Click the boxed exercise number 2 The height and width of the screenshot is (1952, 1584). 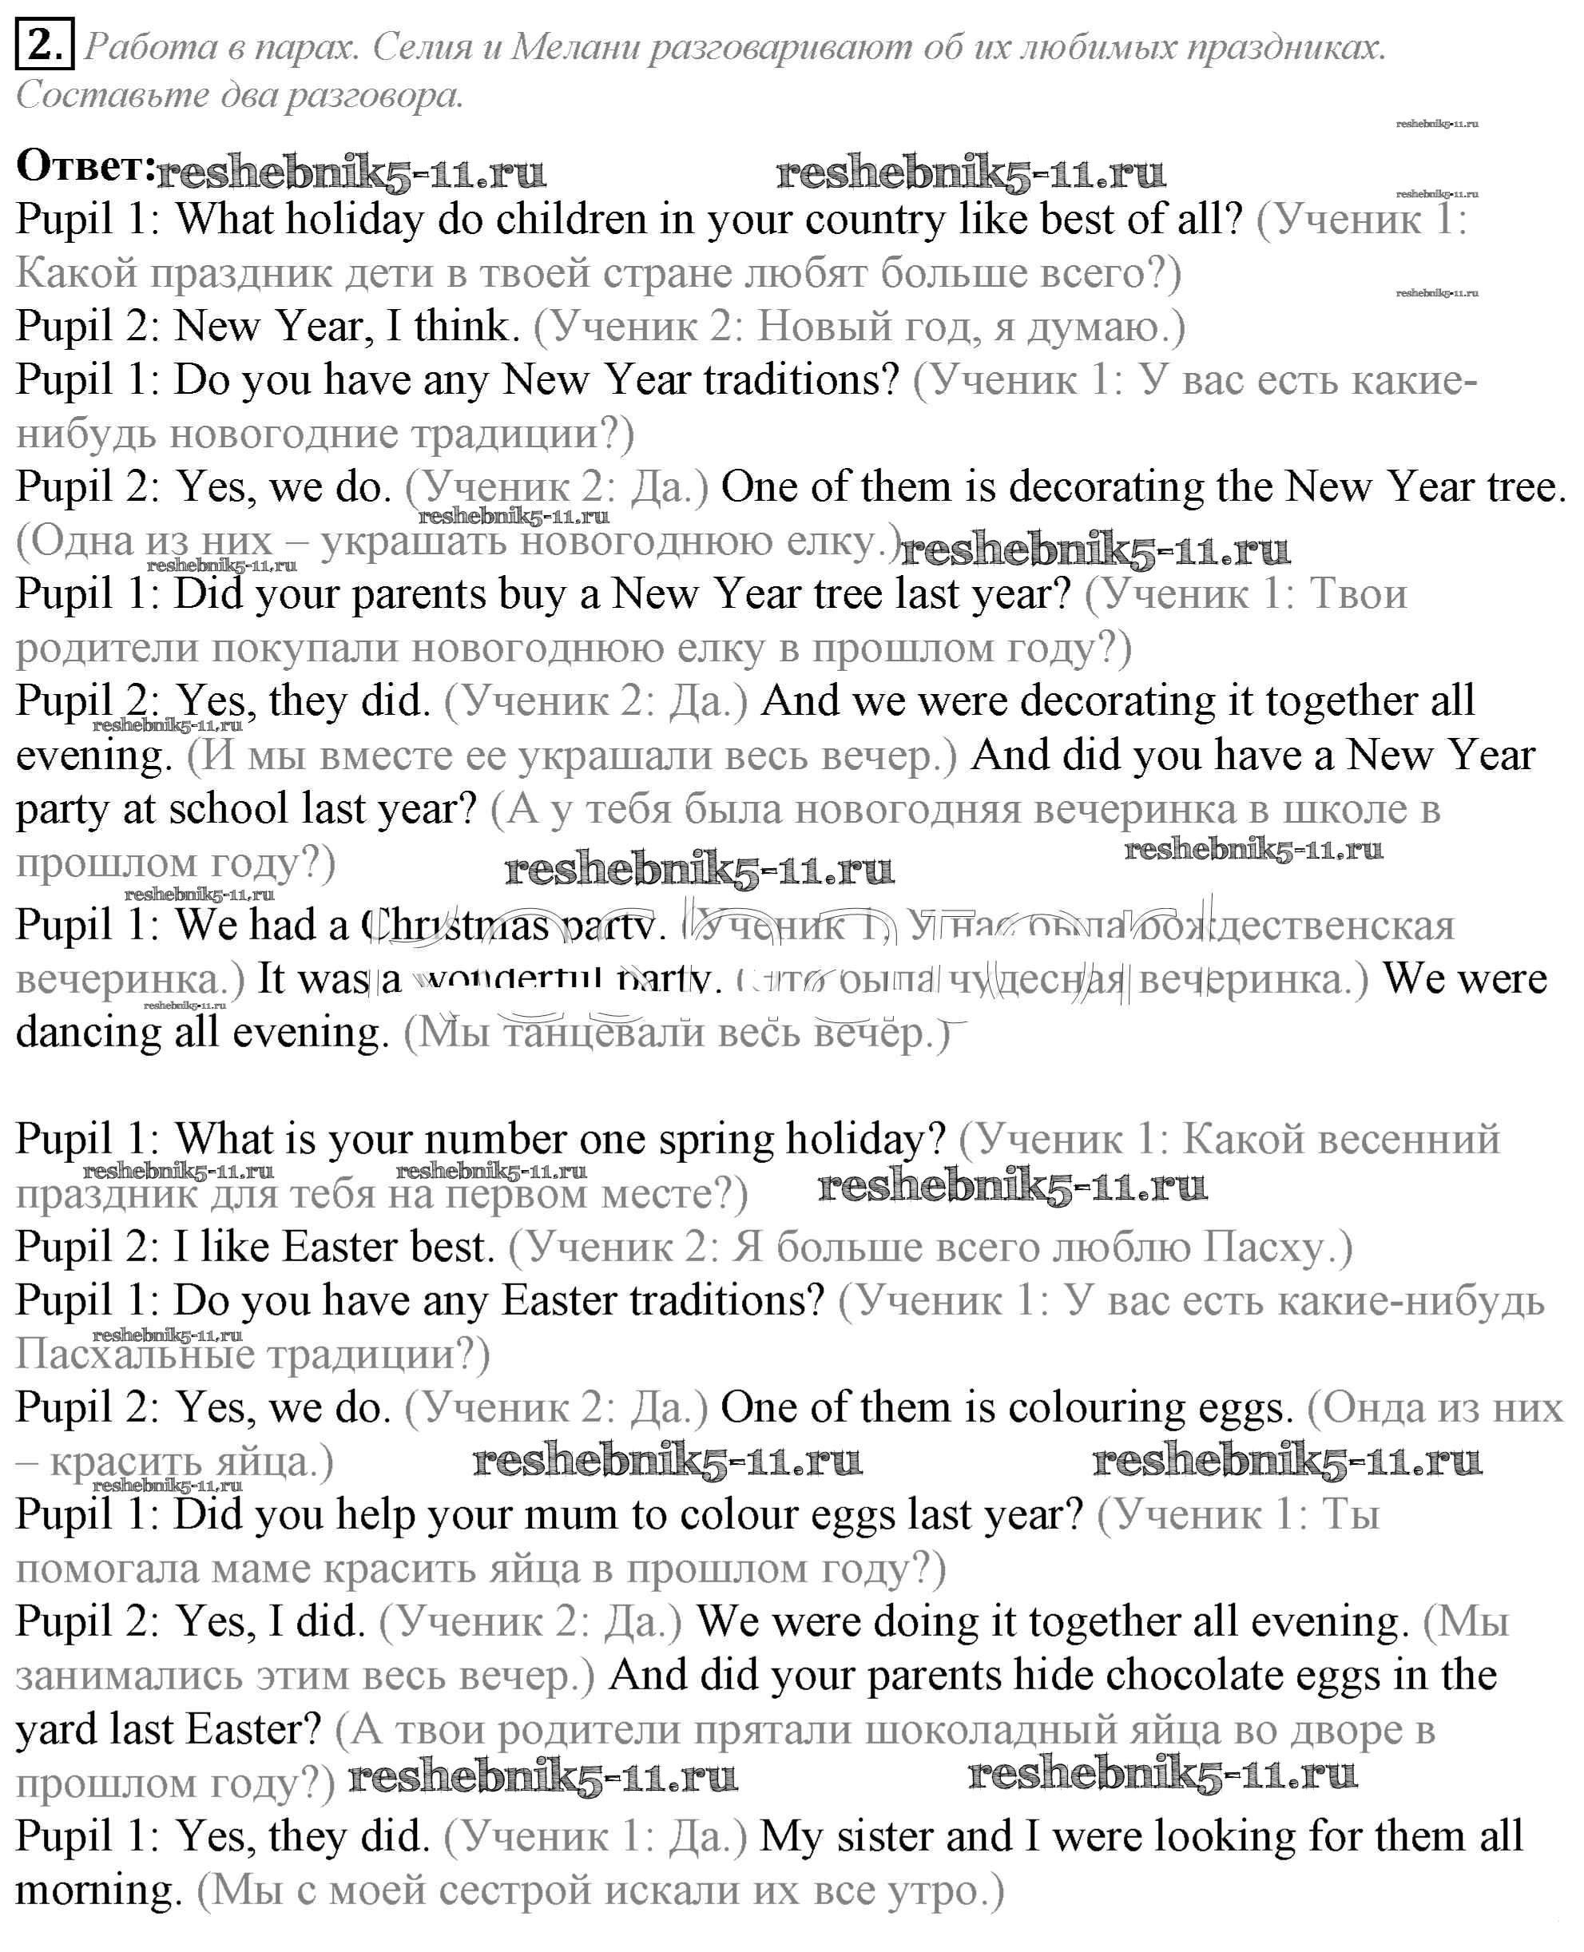(44, 45)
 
